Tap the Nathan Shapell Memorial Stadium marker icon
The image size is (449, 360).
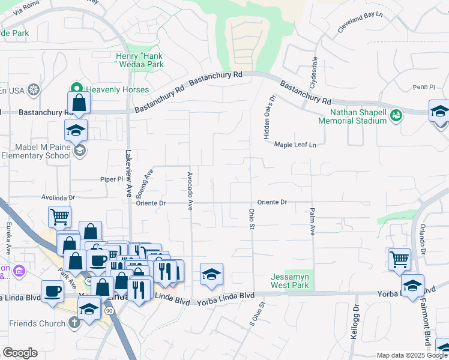point(396,115)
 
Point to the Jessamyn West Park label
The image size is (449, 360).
point(289,281)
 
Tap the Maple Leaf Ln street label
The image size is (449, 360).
point(295,145)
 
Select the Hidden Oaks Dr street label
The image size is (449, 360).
point(268,117)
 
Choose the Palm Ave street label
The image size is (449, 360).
point(313,221)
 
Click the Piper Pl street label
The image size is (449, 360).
point(112,179)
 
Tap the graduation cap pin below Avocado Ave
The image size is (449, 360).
point(211,275)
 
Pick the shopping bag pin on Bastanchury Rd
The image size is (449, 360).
point(79,103)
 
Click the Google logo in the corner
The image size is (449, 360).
point(20,353)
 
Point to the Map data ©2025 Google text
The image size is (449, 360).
point(411,355)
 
